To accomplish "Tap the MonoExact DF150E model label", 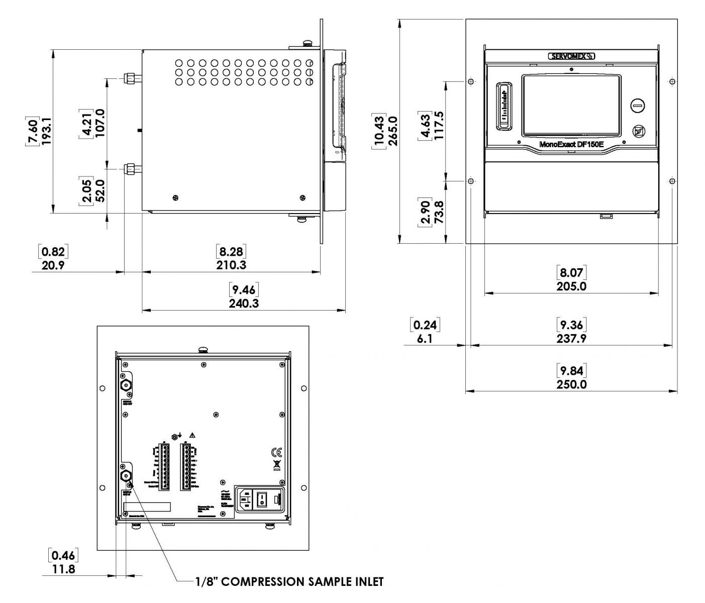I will (571, 144).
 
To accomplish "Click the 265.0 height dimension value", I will (392, 131).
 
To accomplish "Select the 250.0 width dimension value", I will (571, 384).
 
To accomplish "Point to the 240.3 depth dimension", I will (244, 303).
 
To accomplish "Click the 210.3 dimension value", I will (231, 265).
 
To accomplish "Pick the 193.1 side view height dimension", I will (46, 132).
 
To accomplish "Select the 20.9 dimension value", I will (53, 265).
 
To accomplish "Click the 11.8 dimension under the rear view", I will (64, 569).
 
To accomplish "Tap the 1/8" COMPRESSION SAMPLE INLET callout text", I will (289, 582).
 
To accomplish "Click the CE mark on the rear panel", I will (276, 452).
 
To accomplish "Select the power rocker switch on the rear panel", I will (261, 499).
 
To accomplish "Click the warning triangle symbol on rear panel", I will (192, 435).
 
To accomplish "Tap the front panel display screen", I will (571, 106).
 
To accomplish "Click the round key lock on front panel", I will (638, 106).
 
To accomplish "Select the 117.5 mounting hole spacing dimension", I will (439, 126).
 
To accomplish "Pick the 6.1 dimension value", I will (425, 339).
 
